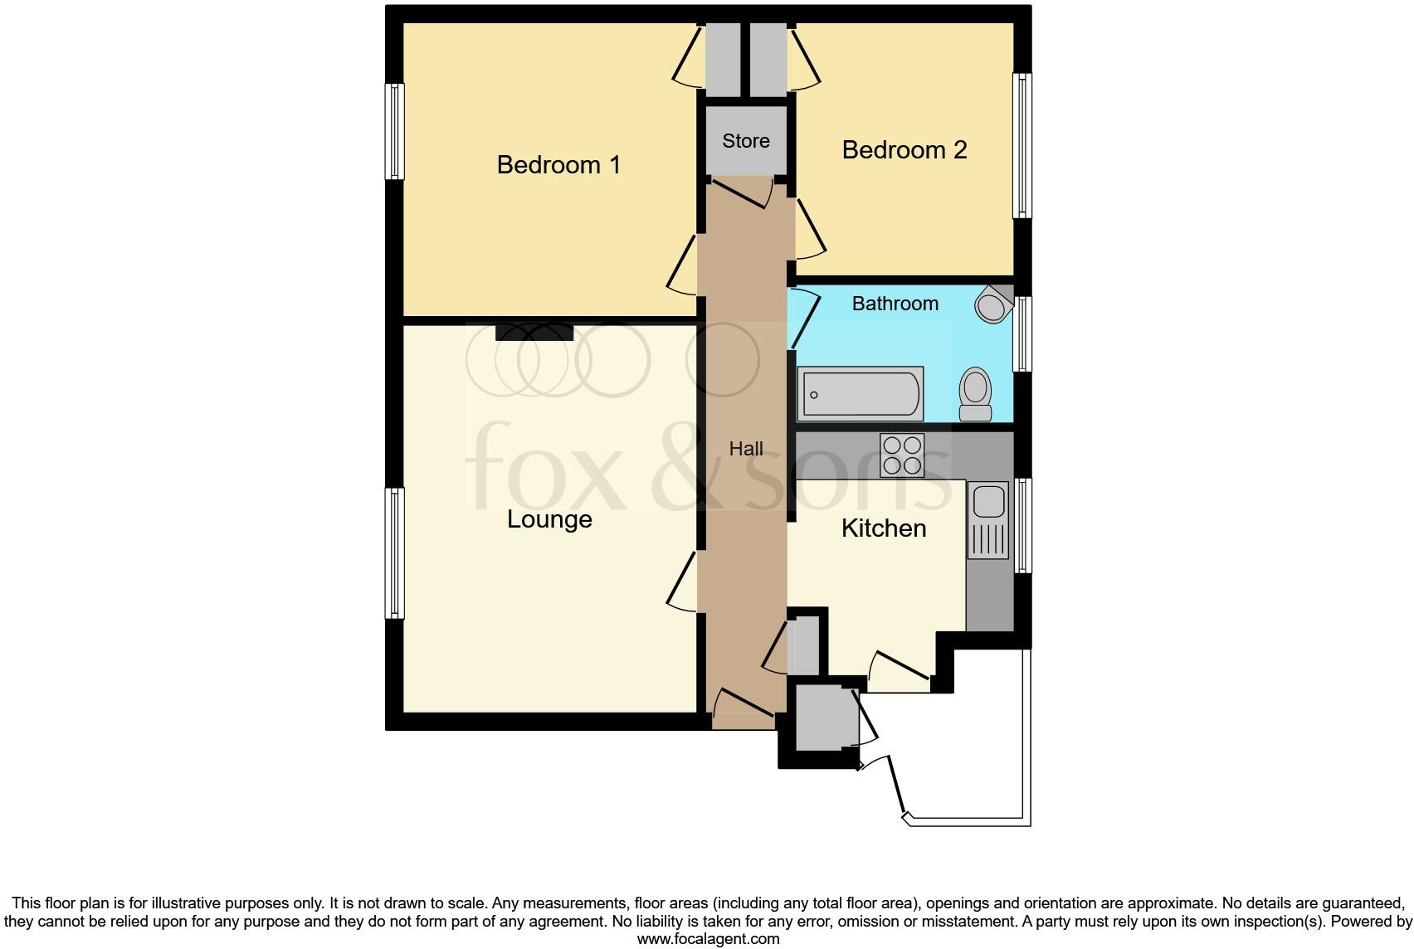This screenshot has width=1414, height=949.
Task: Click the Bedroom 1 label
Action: [558, 164]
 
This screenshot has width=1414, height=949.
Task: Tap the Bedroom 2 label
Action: [904, 150]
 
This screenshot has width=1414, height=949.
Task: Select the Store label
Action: [745, 141]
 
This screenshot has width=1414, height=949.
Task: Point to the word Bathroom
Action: [895, 304]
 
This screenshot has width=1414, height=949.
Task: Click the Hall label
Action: [745, 449]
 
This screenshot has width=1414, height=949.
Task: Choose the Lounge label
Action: [549, 519]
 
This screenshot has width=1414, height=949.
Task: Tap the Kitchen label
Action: [883, 528]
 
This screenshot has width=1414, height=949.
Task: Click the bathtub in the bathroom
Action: [861, 394]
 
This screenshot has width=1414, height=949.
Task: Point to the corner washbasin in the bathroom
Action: [992, 304]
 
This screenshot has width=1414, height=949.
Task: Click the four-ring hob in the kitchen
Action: [902, 455]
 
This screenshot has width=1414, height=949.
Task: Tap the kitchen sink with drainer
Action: [987, 519]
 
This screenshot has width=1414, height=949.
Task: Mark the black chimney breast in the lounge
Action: [534, 332]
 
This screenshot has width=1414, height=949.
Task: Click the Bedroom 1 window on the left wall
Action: [395, 131]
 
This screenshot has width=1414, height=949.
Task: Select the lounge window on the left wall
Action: [395, 552]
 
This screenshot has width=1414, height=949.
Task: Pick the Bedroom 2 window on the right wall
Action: [1022, 146]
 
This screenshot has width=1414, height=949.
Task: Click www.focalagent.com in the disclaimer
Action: [708, 939]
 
